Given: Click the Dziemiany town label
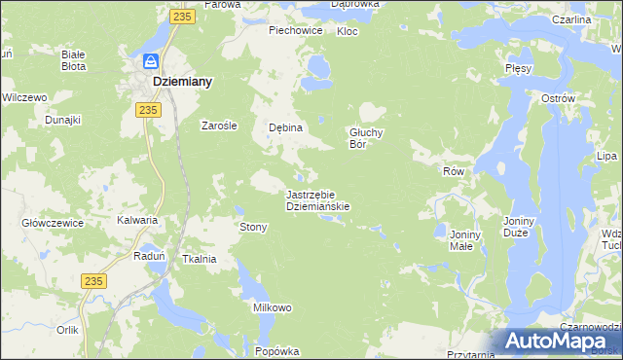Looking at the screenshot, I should [183, 83].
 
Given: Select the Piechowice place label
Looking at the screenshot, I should [296, 30].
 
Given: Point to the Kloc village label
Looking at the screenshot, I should [347, 31].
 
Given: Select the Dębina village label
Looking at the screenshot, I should [286, 127].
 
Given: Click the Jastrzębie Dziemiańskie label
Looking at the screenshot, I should [317, 200].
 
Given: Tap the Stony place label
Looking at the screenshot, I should [253, 227].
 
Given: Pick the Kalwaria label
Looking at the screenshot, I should [137, 220].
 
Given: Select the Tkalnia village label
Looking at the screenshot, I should [199, 259].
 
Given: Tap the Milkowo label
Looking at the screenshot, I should [273, 307].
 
